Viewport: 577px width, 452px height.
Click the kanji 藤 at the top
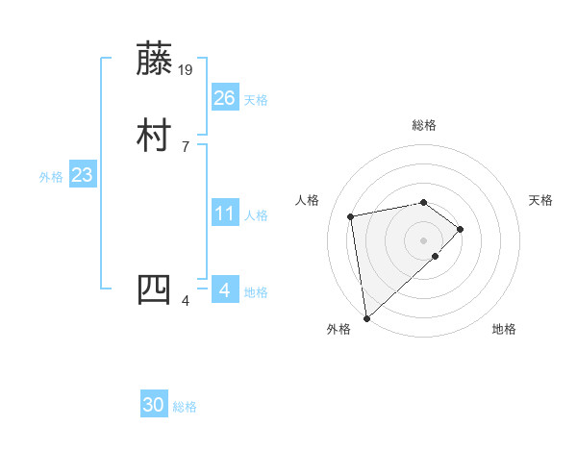click(156, 59)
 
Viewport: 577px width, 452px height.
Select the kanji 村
click(156, 135)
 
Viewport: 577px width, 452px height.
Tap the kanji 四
click(156, 289)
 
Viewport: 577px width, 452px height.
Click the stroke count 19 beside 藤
click(187, 69)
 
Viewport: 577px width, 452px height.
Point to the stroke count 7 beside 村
click(185, 146)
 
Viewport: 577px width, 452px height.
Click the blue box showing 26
click(225, 97)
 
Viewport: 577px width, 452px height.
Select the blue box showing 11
click(225, 214)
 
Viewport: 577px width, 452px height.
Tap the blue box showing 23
click(83, 176)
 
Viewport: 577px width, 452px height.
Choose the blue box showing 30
click(154, 405)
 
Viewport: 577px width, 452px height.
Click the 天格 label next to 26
click(256, 100)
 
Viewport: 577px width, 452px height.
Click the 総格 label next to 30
click(186, 408)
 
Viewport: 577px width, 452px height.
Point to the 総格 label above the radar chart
click(424, 125)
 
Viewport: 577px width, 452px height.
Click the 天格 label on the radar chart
click(540, 200)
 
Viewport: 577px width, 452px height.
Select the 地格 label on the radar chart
click(504, 329)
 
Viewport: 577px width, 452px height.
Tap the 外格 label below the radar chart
click(339, 329)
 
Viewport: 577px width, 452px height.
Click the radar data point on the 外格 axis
click(366, 317)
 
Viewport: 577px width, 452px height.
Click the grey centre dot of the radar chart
click(424, 239)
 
